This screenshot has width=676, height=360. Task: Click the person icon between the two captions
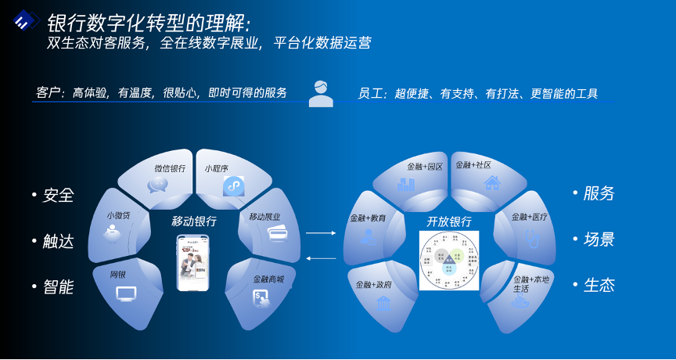(x=320, y=93)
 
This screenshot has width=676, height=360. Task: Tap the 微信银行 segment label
(x=170, y=168)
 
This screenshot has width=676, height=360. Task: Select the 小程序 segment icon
(x=234, y=186)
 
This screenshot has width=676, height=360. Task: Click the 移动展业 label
(x=264, y=217)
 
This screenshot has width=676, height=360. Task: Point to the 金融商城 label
(x=268, y=279)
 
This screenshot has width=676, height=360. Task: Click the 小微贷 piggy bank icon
(x=117, y=232)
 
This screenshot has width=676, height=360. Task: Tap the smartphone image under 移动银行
(x=194, y=263)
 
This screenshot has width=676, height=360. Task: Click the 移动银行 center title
(x=194, y=221)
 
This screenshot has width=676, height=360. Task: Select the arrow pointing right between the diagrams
(x=320, y=232)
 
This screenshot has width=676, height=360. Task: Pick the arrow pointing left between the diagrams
(x=320, y=258)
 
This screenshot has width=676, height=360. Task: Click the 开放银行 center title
(x=448, y=221)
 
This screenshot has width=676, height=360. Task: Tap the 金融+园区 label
(x=425, y=167)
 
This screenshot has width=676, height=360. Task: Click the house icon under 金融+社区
(x=491, y=184)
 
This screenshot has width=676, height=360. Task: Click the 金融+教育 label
(x=367, y=218)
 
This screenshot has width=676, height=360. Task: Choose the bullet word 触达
(x=58, y=241)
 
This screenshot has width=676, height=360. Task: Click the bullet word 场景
(x=599, y=239)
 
